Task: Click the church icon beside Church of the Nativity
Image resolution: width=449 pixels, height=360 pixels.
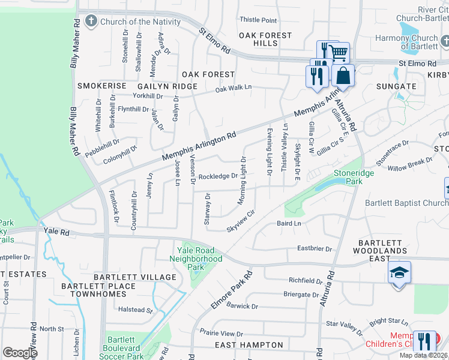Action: (91, 22)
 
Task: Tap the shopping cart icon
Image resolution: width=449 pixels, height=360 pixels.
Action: (339, 53)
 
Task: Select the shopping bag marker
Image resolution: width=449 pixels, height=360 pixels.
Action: (343, 76)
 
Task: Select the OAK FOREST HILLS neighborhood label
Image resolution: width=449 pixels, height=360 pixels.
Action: (265, 40)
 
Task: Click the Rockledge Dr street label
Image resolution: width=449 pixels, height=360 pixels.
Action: (218, 176)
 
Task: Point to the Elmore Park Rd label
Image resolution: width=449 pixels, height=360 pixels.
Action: (231, 290)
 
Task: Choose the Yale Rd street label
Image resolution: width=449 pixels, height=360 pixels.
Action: (56, 231)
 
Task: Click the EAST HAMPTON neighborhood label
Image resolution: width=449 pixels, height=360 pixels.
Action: (249, 345)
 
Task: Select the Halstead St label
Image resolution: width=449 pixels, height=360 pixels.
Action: (136, 310)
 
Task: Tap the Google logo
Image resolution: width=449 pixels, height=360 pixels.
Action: (20, 353)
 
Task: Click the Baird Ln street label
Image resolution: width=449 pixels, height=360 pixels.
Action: (289, 223)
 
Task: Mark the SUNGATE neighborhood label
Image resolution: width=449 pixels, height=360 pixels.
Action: (396, 86)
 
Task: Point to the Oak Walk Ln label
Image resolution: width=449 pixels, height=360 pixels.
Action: (234, 89)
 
